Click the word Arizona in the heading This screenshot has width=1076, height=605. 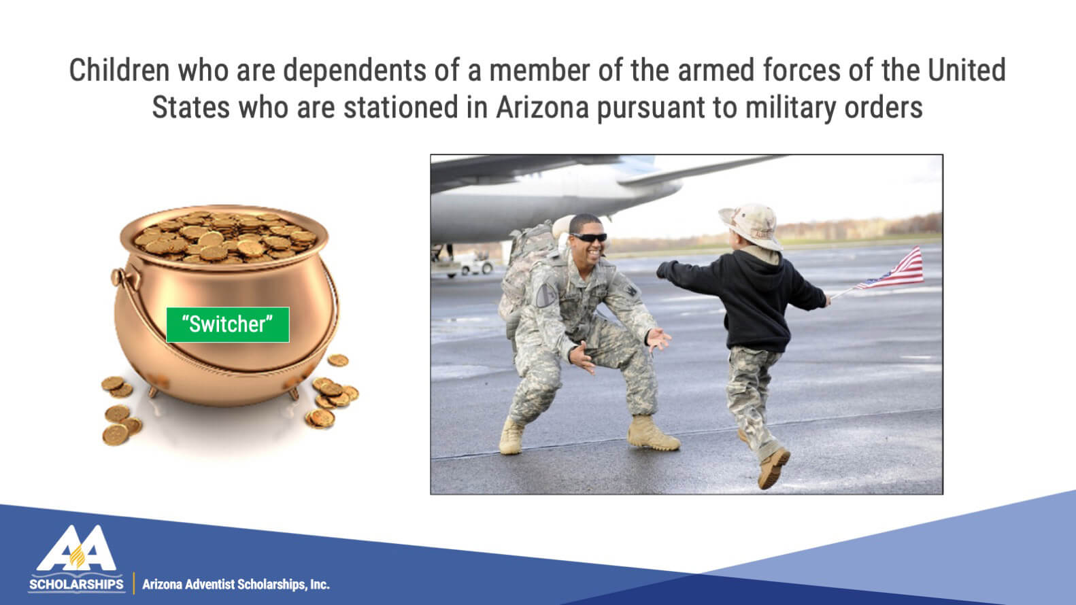click(542, 107)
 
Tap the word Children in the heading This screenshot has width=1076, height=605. click(119, 70)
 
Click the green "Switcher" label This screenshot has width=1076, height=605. click(228, 324)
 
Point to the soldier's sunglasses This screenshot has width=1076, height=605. click(589, 237)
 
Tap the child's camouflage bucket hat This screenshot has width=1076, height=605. click(752, 226)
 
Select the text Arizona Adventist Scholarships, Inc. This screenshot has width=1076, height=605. click(236, 585)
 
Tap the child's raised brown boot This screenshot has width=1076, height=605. click(773, 467)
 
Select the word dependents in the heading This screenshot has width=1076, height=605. click(354, 70)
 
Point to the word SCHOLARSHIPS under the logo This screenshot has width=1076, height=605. click(76, 585)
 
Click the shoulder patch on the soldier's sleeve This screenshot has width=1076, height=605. click(545, 294)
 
